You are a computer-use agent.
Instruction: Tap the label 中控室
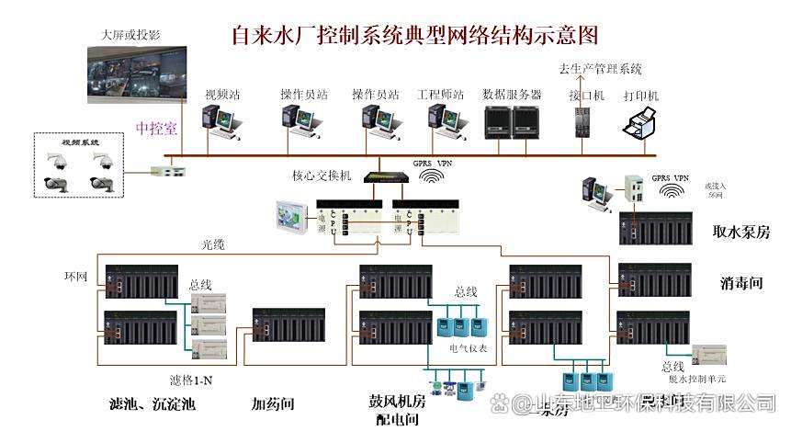point(156,129)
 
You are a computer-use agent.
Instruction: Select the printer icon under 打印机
point(641,122)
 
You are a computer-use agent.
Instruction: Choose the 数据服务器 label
point(512,94)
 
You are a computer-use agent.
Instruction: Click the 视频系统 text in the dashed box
point(77,143)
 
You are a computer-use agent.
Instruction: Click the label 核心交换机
point(322,175)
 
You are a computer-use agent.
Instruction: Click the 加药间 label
point(272,403)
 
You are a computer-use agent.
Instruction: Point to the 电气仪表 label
point(469,349)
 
